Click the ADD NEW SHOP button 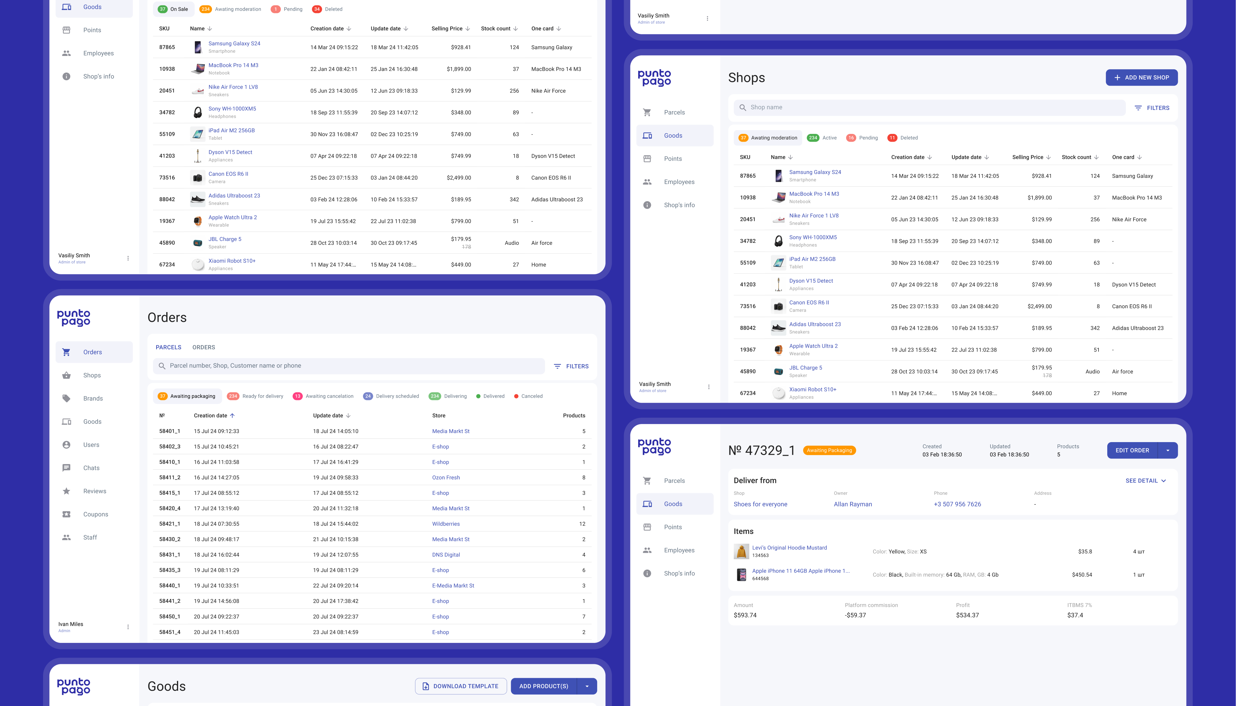[1142, 78]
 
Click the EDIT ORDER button [1132, 451]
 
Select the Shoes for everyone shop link [760, 504]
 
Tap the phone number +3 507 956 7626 [957, 504]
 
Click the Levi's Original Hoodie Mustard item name [789, 548]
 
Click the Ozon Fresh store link [446, 478]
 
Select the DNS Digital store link [446, 555]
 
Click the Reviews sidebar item [94, 491]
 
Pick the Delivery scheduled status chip [391, 396]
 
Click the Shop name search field [930, 108]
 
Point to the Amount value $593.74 [745, 615]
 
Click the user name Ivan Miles [71, 624]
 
